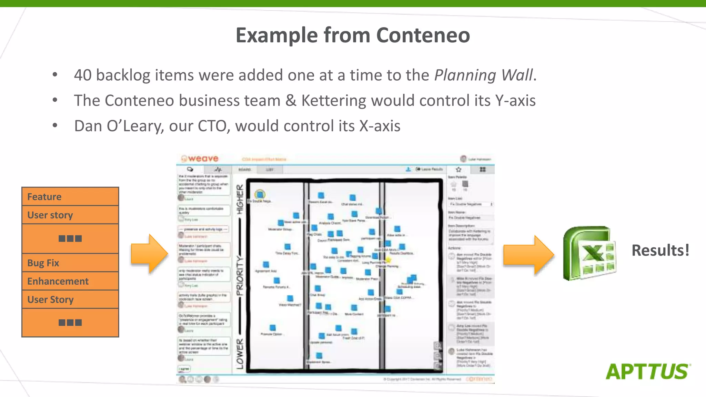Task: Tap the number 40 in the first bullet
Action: (x=83, y=75)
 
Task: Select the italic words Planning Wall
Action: (x=483, y=75)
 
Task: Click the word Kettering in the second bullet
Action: (x=333, y=101)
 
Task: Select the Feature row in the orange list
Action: (x=70, y=197)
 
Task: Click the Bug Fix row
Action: (x=70, y=263)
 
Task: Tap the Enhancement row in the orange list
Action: (x=70, y=281)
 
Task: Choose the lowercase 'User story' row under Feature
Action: (x=70, y=215)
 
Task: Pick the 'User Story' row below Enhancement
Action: (x=70, y=299)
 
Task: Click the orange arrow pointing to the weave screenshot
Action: (x=149, y=254)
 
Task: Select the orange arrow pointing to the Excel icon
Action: (x=528, y=255)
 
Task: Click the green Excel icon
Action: (x=589, y=253)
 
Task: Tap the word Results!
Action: (x=660, y=251)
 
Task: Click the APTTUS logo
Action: (x=648, y=371)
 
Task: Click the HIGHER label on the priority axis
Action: (x=240, y=199)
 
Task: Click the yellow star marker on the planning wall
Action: (x=389, y=259)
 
